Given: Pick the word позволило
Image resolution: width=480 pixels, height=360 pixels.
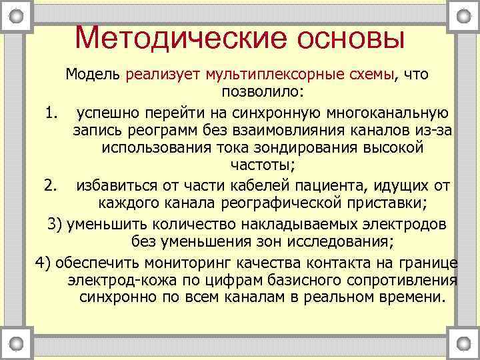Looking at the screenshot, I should click(261, 91).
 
